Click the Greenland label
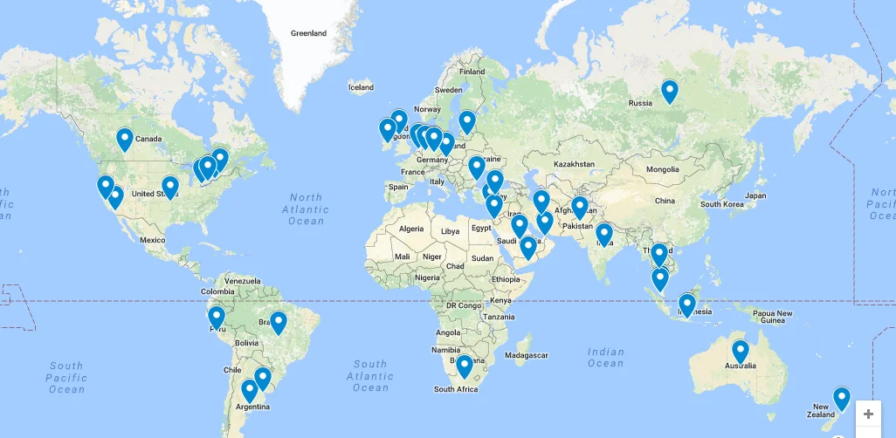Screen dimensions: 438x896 308,33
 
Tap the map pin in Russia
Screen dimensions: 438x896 669,91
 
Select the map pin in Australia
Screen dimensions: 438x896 741,351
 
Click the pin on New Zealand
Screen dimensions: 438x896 841,398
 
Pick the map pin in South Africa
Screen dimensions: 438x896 465,366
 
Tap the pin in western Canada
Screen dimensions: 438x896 125,139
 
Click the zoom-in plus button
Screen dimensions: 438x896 868,414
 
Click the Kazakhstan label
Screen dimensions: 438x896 573,164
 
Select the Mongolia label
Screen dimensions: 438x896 661,169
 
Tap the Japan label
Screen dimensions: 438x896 756,195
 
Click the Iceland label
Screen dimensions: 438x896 361,87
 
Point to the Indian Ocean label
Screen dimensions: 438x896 605,358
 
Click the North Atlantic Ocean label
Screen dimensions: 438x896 306,209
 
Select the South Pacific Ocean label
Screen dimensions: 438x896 66,377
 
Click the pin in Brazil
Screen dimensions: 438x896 278,322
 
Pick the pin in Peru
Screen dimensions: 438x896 217,317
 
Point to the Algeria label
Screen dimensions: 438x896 410,229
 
